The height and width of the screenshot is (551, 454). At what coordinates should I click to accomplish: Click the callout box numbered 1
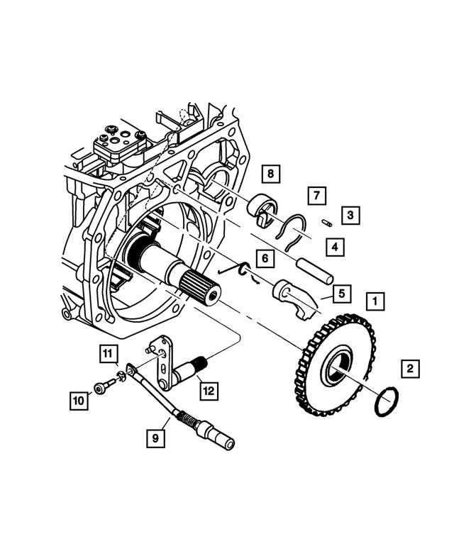click(x=375, y=301)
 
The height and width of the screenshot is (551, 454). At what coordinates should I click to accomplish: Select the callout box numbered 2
click(x=409, y=369)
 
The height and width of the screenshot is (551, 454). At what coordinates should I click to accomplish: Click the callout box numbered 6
click(x=264, y=259)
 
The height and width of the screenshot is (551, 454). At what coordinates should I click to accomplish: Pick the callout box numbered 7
click(x=316, y=195)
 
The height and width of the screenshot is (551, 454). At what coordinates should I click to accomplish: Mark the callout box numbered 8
click(x=270, y=173)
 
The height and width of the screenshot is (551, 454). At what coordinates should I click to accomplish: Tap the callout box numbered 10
click(x=79, y=401)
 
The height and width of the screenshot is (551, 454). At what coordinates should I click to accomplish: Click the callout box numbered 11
click(x=107, y=352)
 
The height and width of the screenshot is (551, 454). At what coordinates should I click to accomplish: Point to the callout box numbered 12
click(x=207, y=389)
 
